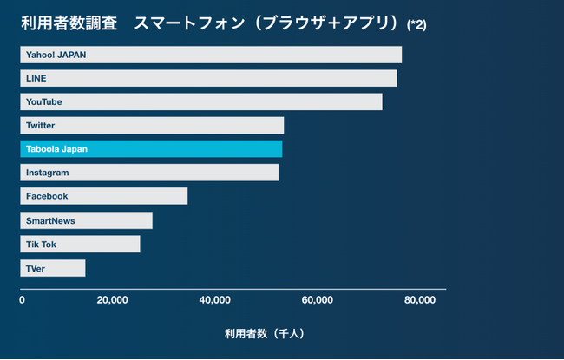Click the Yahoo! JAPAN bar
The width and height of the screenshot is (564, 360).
(x=211, y=55)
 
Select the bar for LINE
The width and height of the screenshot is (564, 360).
(x=208, y=78)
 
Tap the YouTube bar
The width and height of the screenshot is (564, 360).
(x=201, y=101)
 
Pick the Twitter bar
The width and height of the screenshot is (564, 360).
(x=152, y=126)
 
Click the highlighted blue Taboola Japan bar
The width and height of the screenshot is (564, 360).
(x=151, y=149)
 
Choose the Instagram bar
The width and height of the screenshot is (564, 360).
(x=149, y=173)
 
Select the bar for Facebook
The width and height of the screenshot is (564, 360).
(x=103, y=196)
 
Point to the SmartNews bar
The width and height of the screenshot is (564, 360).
(x=86, y=220)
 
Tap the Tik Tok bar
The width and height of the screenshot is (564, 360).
(x=80, y=244)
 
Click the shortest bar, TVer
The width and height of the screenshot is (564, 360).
(x=52, y=268)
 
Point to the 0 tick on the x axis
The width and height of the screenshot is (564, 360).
(x=22, y=301)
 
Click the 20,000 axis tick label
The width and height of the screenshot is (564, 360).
(x=112, y=301)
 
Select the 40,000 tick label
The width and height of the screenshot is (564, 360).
(x=214, y=301)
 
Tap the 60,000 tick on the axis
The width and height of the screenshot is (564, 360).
(x=317, y=301)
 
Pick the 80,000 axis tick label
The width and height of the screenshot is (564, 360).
(x=419, y=301)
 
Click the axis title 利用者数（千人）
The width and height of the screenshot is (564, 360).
(x=265, y=332)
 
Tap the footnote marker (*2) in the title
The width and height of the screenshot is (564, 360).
(x=416, y=24)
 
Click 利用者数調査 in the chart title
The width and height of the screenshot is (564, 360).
(x=69, y=23)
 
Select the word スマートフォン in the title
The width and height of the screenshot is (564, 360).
(x=185, y=23)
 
